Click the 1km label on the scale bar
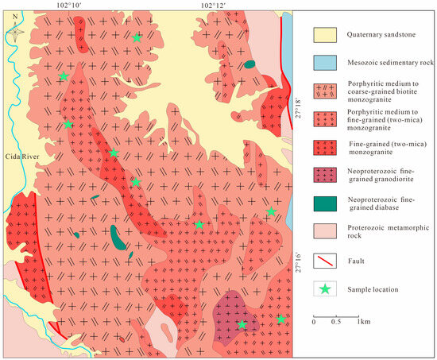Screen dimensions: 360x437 [x=363, y=322]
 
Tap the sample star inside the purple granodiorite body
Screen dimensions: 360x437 [x=242, y=324]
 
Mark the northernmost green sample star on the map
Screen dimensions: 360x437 [x=137, y=37]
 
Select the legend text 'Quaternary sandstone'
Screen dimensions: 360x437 [x=383, y=35]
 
